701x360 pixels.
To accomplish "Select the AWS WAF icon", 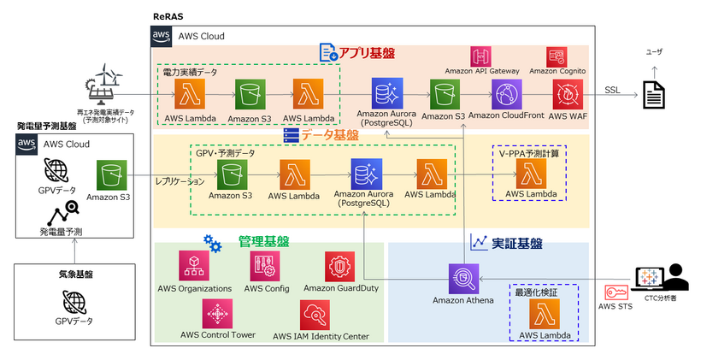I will pyautogui.click(x=568, y=94).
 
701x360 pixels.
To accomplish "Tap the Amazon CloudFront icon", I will pyautogui.click(x=506, y=94).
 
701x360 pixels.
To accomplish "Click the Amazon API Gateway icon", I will pyautogui.click(x=481, y=56).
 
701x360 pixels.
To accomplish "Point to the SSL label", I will pyautogui.click(x=612, y=90).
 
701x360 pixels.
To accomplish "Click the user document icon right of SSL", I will pyautogui.click(x=654, y=94).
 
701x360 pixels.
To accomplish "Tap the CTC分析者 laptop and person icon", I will pyautogui.click(x=661, y=279).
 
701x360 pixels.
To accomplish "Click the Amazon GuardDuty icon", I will pyautogui.click(x=340, y=267).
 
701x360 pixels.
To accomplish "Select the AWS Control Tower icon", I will pyautogui.click(x=218, y=315).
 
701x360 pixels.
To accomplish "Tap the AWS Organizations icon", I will pyautogui.click(x=194, y=267).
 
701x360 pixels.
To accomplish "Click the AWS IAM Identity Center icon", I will pyautogui.click(x=315, y=315).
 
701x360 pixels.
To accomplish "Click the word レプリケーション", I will pyautogui.click(x=180, y=182).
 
